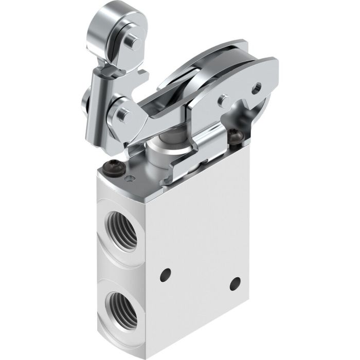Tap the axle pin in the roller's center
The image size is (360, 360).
(132, 40)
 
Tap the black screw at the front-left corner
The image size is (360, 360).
(112, 168)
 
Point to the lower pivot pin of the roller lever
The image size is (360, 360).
(122, 112)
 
